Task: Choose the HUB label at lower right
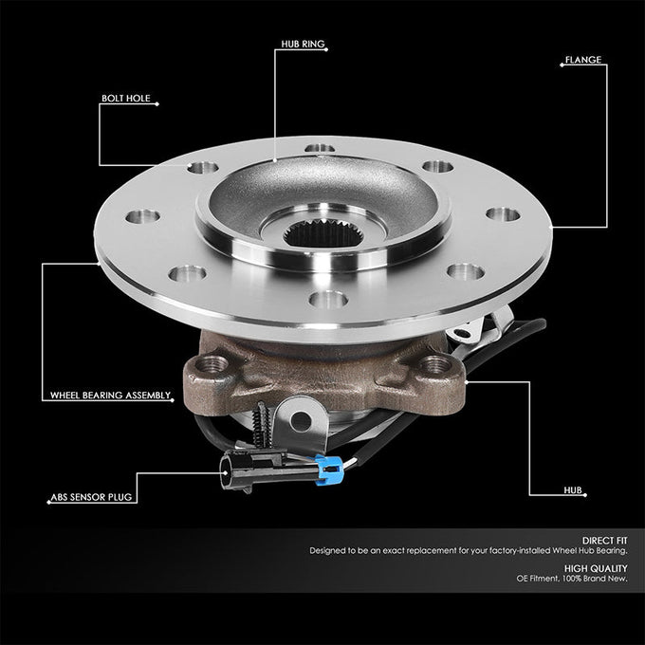[x=572, y=491]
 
